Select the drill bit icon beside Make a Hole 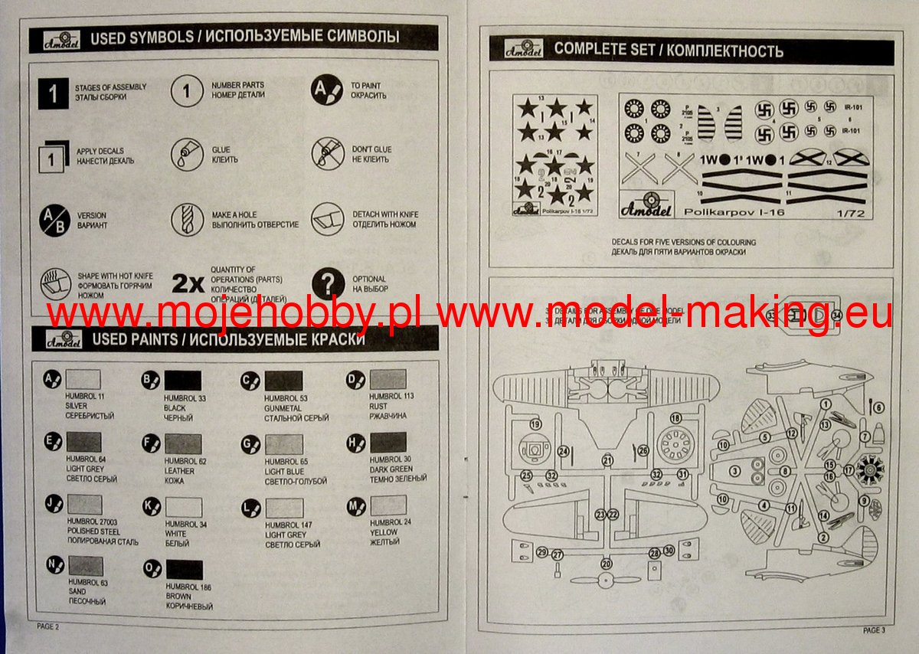coord(186,220)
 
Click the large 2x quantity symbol coord(188,284)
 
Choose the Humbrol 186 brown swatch coord(184,570)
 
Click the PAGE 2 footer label coord(47,626)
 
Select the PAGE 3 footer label coord(873,630)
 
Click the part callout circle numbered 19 coord(535,424)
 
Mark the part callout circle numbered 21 coord(607,460)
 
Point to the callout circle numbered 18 coord(675,418)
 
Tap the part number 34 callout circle coord(836,315)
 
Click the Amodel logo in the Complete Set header coord(524,49)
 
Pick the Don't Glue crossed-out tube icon coord(327,154)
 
